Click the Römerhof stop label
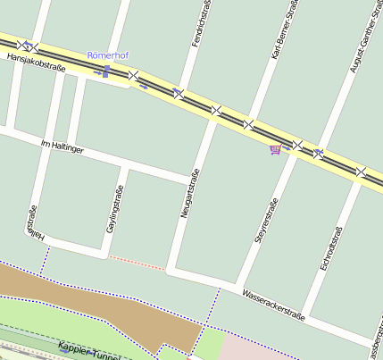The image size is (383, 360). point(107,55)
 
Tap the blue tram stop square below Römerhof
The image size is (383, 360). point(106,70)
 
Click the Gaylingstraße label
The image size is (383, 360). point(114,211)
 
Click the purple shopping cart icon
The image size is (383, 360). point(275,149)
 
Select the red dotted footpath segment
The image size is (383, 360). point(136,262)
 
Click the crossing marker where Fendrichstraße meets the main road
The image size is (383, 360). point(179,93)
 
